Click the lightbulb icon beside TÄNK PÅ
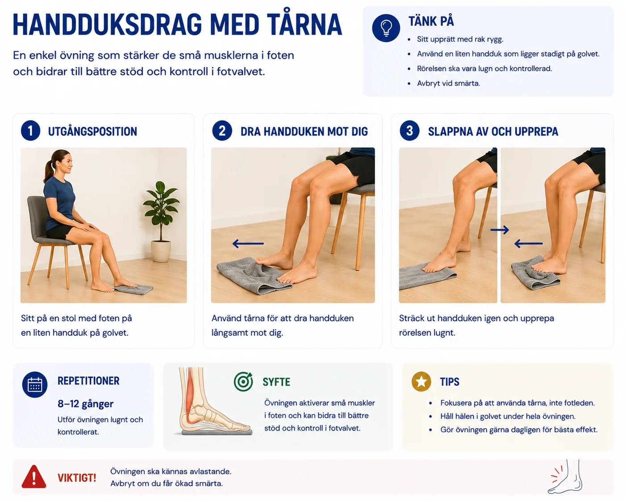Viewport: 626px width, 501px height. [386, 28]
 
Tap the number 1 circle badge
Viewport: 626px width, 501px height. [30, 131]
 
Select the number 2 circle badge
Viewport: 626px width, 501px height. [222, 131]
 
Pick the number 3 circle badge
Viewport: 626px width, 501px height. [409, 131]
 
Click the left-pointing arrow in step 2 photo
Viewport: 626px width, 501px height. [248, 243]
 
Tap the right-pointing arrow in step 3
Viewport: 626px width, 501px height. [500, 230]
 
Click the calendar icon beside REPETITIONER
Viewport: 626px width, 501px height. [35, 384]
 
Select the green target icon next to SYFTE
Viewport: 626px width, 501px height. [243, 381]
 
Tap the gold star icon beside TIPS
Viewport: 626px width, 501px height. [421, 381]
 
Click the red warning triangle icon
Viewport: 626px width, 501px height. [34, 476]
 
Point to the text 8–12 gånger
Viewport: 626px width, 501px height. [86, 404]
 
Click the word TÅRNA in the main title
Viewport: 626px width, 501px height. [305, 25]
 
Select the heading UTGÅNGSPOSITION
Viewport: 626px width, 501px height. [92, 132]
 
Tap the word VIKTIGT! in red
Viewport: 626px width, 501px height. [77, 478]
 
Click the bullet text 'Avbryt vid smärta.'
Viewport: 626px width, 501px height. [448, 83]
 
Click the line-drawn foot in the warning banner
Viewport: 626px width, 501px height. [565, 476]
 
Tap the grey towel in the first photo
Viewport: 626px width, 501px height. [134, 289]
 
